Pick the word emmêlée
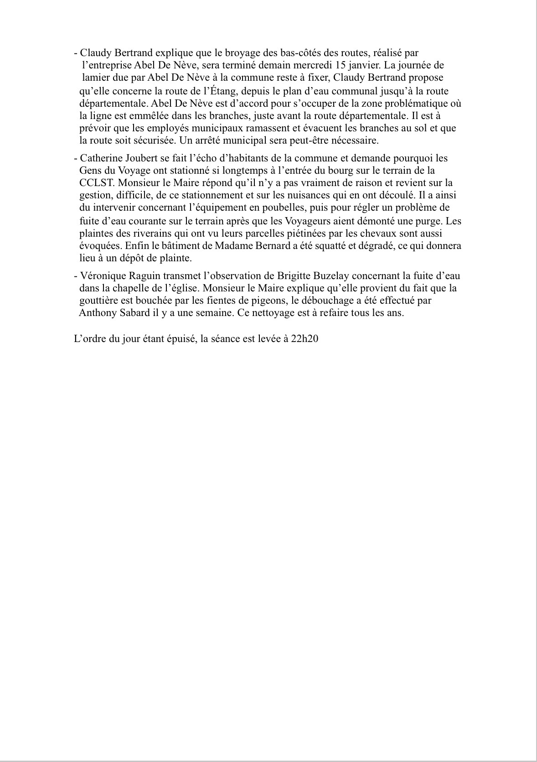point(141,116)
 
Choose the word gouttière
point(99,301)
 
